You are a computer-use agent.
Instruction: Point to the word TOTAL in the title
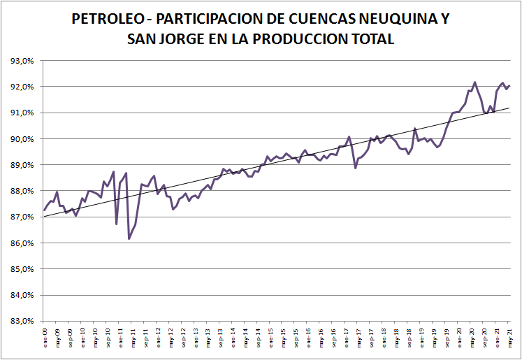pyautogui.click(x=370, y=39)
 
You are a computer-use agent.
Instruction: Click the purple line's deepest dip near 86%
pyautogui.click(x=129, y=238)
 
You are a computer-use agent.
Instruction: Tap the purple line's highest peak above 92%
pyautogui.click(x=474, y=82)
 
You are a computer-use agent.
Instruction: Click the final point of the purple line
pyautogui.click(x=509, y=86)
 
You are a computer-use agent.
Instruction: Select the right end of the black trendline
pyautogui.click(x=509, y=108)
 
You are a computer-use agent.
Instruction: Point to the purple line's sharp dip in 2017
pyautogui.click(x=356, y=168)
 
